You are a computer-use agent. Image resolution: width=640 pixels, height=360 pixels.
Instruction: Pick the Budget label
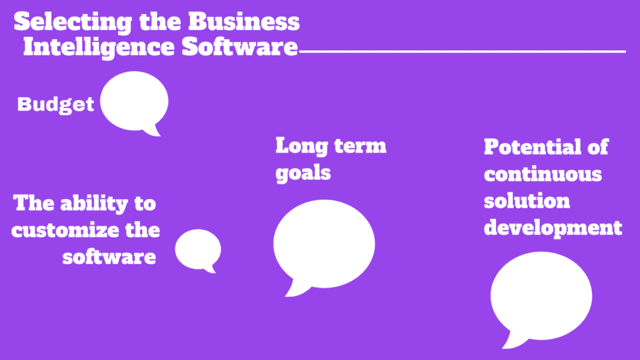pyautogui.click(x=55, y=104)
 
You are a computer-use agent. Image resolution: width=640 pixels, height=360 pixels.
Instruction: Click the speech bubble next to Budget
pyautogui.click(x=134, y=101)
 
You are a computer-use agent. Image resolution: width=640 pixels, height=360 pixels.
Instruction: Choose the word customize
pyautogui.click(x=65, y=230)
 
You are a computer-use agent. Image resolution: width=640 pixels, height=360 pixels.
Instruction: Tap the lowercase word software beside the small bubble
pyautogui.click(x=109, y=257)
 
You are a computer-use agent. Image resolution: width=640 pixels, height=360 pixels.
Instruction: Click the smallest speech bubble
pyautogui.click(x=198, y=249)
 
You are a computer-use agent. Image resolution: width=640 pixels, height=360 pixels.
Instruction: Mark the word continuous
pyautogui.click(x=542, y=174)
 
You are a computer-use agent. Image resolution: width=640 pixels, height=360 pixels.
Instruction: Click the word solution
pyautogui.click(x=526, y=201)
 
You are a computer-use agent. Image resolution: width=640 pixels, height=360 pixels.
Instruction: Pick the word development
pyautogui.click(x=553, y=228)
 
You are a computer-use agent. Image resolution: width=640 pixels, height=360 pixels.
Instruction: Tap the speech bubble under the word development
pyautogui.click(x=541, y=296)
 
